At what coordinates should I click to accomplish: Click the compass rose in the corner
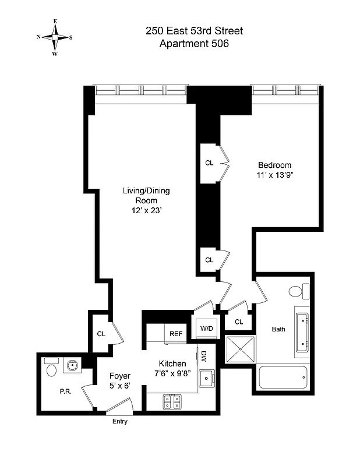tap(55, 36)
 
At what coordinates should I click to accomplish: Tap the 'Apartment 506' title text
tap(195, 44)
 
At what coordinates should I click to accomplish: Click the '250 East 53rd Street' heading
tap(195, 31)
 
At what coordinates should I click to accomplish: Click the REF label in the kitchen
tap(175, 334)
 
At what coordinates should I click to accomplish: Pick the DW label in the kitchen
tap(204, 356)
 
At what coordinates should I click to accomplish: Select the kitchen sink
tap(206, 379)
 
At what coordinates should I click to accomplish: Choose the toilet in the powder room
tap(51, 368)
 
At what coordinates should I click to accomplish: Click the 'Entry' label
tap(119, 421)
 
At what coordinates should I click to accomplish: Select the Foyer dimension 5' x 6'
tap(121, 386)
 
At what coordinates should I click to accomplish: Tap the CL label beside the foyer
tap(101, 334)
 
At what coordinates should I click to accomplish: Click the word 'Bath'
tap(278, 329)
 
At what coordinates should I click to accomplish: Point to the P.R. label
tap(65, 391)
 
